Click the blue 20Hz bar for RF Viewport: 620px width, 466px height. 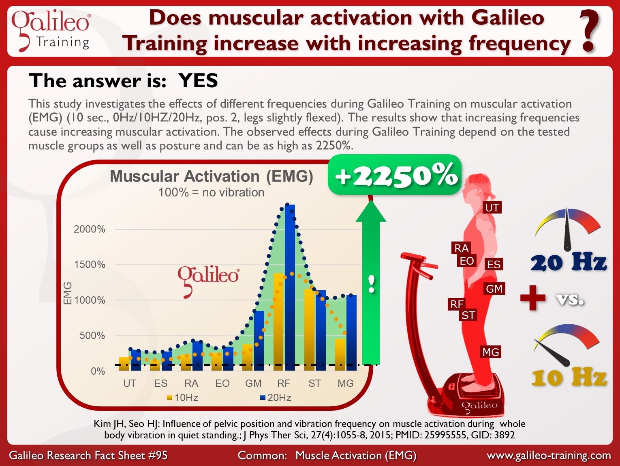click(x=290, y=287)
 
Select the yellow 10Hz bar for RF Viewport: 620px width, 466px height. click(x=278, y=322)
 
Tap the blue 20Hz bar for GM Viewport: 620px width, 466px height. click(x=259, y=341)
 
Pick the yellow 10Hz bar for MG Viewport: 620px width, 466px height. click(x=340, y=355)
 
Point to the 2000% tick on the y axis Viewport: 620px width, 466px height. click(x=90, y=229)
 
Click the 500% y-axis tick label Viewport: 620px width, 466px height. click(x=92, y=336)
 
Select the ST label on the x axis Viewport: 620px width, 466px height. click(x=314, y=383)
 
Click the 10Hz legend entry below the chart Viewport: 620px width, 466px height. click(x=182, y=397)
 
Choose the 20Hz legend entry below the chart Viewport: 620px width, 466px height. click(x=276, y=397)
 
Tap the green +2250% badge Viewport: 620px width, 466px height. click(x=395, y=175)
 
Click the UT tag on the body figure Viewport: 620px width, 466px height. click(x=492, y=208)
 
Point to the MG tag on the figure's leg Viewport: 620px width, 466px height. click(x=491, y=352)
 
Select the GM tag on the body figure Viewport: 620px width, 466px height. click(x=494, y=289)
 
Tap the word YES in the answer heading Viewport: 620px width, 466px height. click(x=198, y=81)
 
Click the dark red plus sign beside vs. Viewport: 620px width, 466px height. click(x=533, y=298)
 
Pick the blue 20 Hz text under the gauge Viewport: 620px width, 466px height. click(x=569, y=263)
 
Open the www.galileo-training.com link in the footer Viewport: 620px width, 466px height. click(x=549, y=455)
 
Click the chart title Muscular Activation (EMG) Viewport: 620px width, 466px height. click(x=212, y=176)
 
